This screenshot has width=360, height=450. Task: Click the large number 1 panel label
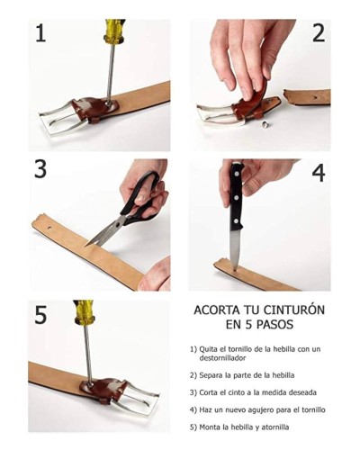[40, 33]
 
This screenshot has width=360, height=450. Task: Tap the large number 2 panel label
[319, 33]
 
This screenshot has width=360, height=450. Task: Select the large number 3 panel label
[40, 169]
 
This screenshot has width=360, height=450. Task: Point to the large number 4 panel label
[319, 173]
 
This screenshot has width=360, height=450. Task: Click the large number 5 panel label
[40, 315]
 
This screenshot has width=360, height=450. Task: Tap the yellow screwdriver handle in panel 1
[114, 30]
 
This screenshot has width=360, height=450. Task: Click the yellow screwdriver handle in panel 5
[85, 312]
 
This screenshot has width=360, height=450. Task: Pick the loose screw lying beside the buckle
[265, 123]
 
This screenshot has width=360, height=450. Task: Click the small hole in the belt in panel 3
[49, 228]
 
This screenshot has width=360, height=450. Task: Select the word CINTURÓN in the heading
[294, 310]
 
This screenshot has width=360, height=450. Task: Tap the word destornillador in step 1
[222, 358]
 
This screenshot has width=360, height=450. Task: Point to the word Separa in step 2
[210, 375]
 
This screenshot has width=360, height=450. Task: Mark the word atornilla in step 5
[275, 427]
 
